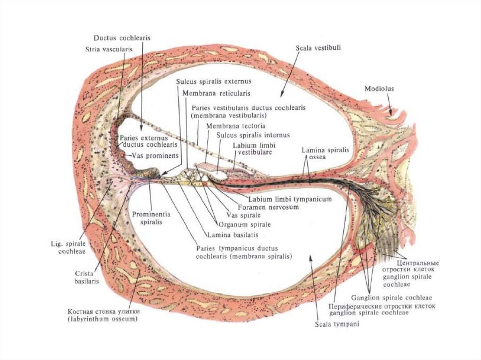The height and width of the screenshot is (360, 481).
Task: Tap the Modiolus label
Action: pos(380,88)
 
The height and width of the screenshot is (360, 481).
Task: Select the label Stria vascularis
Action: pos(109,48)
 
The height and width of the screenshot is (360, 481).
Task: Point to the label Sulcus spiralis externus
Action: pos(208,81)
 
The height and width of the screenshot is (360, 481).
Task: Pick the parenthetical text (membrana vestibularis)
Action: pos(229,115)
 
